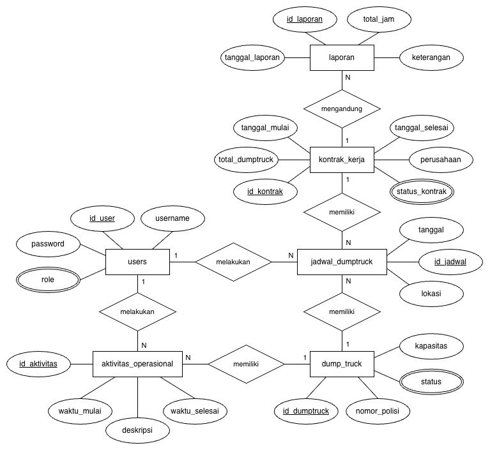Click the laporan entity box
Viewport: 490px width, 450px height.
tap(341, 58)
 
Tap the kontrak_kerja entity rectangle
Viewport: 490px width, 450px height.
tap(341, 160)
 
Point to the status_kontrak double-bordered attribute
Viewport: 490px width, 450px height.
tap(423, 190)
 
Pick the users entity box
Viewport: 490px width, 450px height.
tap(137, 262)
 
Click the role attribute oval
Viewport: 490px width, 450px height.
tap(48, 280)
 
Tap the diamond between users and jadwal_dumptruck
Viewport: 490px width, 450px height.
tap(233, 262)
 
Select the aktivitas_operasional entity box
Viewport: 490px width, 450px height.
tap(137, 364)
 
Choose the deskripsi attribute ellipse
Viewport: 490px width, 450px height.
tap(137, 430)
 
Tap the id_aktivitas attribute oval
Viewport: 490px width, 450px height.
tap(38, 364)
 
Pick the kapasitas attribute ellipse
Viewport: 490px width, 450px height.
tap(431, 346)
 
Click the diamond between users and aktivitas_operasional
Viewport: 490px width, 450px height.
tap(137, 311)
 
